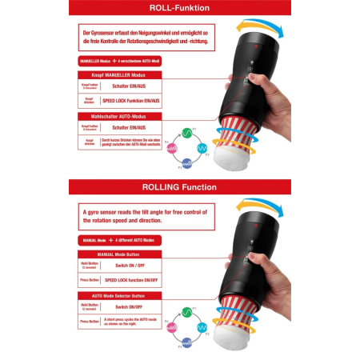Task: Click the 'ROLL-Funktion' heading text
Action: tap(178, 8)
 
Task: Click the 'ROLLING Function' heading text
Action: tap(178, 187)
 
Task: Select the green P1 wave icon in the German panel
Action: tap(185, 132)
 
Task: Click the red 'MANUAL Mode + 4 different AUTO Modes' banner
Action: tap(120, 240)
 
